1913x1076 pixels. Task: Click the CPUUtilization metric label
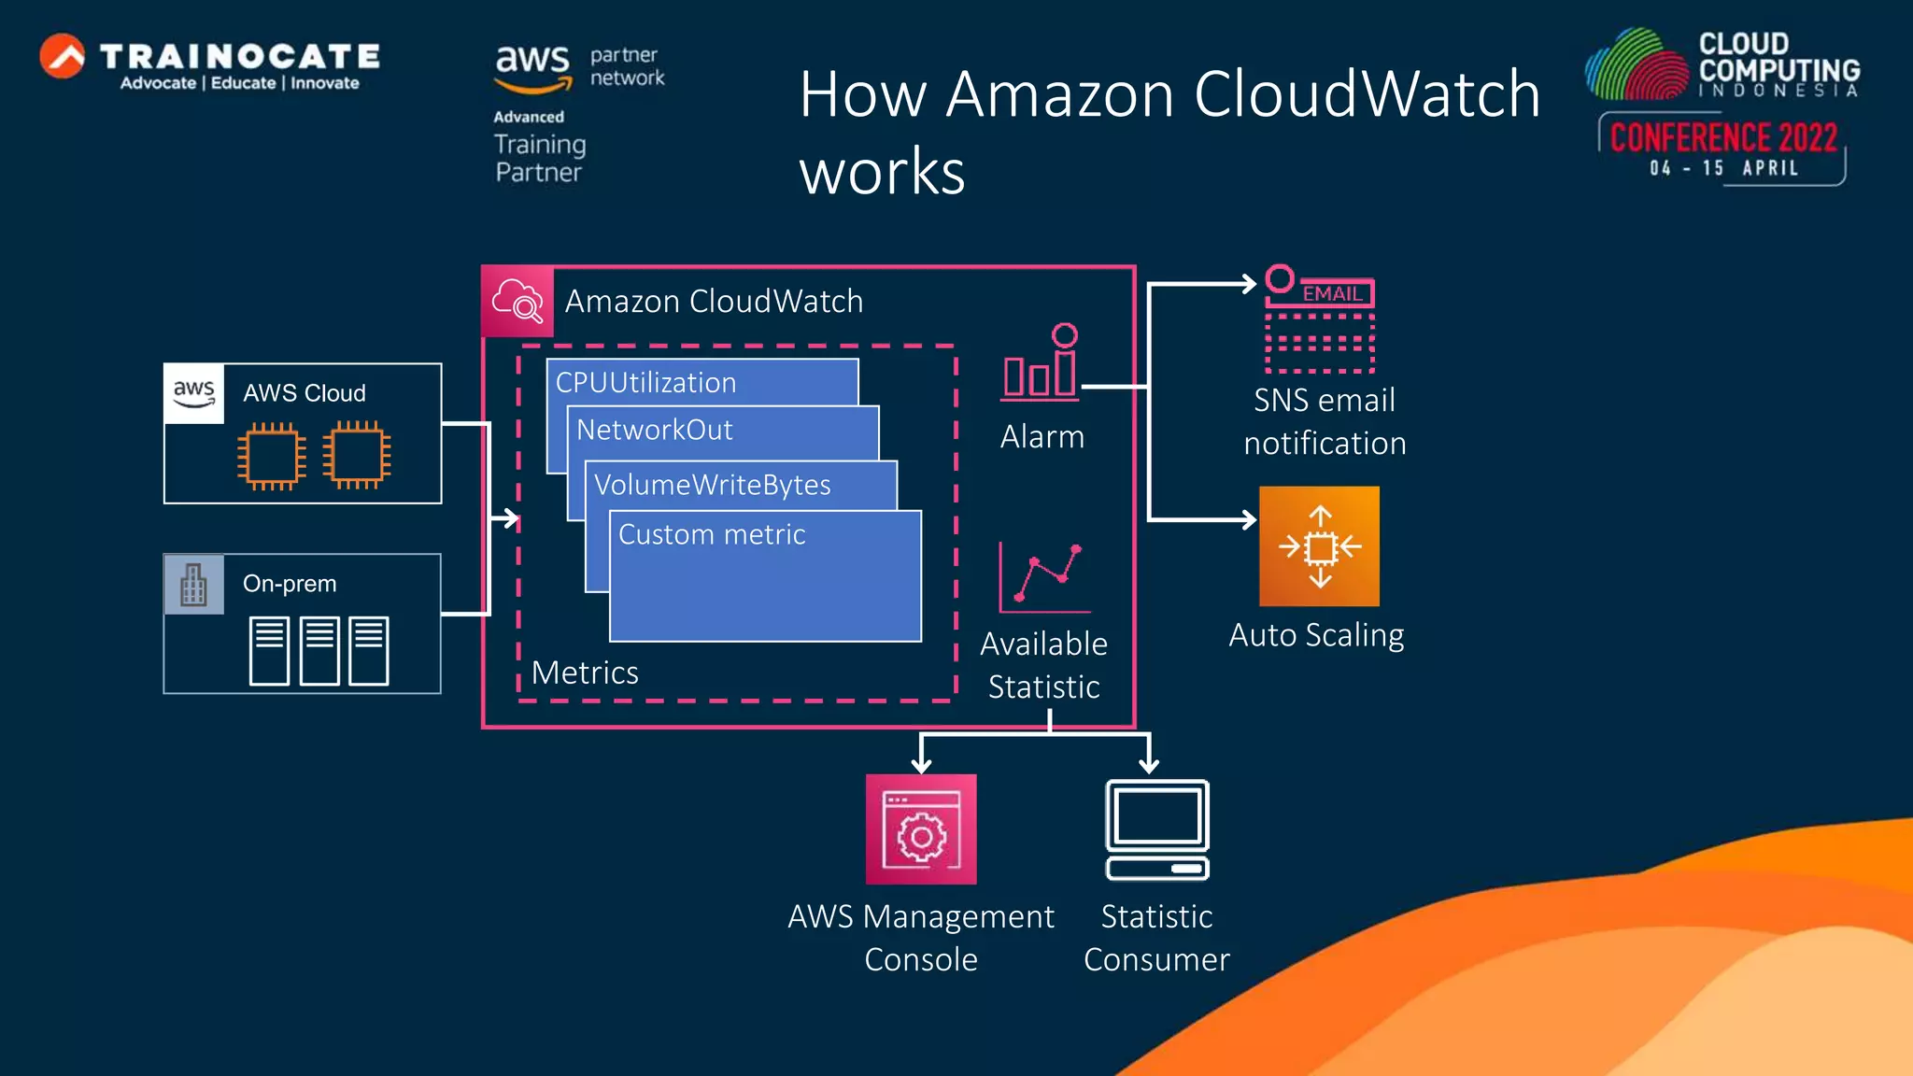tap(645, 383)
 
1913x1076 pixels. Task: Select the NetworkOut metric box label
tap(654, 430)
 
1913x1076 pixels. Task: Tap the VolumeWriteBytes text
tap(712, 485)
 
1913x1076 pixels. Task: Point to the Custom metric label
tap(712, 534)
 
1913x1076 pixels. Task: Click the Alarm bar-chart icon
tap(1040, 363)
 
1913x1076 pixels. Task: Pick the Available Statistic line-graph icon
tap(1044, 577)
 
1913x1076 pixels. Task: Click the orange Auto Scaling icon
tap(1319, 546)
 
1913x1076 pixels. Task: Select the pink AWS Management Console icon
tap(921, 829)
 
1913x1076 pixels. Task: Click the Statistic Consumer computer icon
tap(1157, 829)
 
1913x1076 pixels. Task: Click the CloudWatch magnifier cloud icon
tap(517, 302)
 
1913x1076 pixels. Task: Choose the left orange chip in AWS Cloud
tap(271, 456)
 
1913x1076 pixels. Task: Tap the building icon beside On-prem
tap(194, 585)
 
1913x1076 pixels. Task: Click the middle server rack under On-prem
tap(319, 650)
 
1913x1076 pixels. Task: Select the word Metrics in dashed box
tap(585, 672)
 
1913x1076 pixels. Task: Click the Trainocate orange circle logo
tap(63, 56)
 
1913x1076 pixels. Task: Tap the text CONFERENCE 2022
tap(1723, 138)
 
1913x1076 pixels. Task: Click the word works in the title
tap(882, 172)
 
